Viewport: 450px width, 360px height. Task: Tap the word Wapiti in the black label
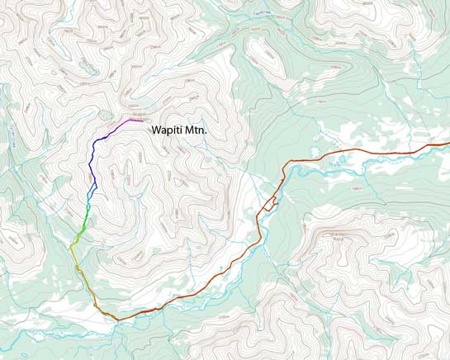tap(168, 130)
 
